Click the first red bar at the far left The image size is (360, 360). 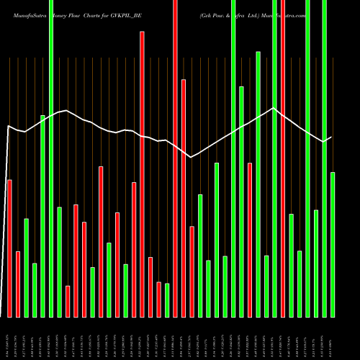9,248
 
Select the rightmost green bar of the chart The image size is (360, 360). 333,245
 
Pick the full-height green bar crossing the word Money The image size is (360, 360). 51,158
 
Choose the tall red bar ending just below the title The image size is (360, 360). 142,173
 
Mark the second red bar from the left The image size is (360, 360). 18,284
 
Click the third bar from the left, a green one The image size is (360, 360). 27,267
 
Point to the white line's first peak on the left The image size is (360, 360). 66,110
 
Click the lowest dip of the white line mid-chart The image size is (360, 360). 191,157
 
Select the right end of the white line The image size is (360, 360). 332,137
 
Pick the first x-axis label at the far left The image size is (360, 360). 9,338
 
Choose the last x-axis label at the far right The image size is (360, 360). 333,338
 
